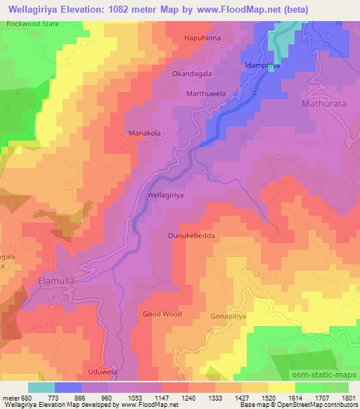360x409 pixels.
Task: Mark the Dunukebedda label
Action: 191,237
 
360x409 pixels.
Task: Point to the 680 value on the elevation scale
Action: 26,397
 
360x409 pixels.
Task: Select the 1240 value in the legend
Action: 187,397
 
